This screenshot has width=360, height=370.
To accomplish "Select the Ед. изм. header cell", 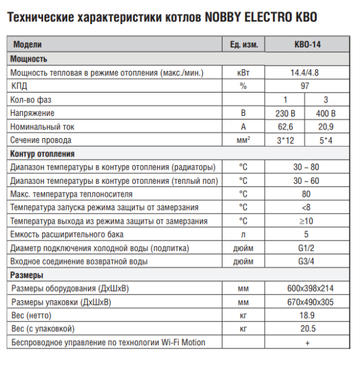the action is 243,46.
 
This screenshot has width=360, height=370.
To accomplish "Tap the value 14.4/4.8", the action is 305,73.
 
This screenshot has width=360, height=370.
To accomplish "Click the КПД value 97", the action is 305,86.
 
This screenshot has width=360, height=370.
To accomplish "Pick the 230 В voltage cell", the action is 285,113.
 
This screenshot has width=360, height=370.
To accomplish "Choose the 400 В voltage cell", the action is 325,113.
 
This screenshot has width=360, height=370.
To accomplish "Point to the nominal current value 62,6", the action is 285,127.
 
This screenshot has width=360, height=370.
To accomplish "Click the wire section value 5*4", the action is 325,141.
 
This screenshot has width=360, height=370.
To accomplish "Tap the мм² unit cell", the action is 243,141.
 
